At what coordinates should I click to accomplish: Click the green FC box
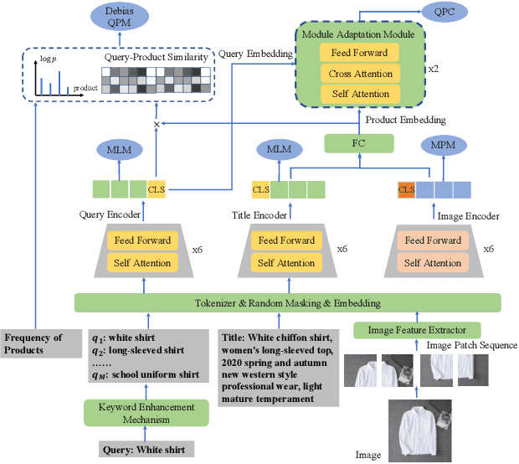[360, 143]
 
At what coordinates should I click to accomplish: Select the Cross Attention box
[361, 74]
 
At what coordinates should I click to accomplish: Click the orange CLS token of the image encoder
[406, 189]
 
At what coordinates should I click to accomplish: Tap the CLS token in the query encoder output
[156, 189]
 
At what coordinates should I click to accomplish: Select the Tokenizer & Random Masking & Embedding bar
[287, 302]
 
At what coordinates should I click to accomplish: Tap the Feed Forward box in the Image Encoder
[433, 240]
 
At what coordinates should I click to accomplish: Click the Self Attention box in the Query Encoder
[142, 263]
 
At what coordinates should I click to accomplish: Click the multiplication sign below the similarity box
[155, 124]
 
